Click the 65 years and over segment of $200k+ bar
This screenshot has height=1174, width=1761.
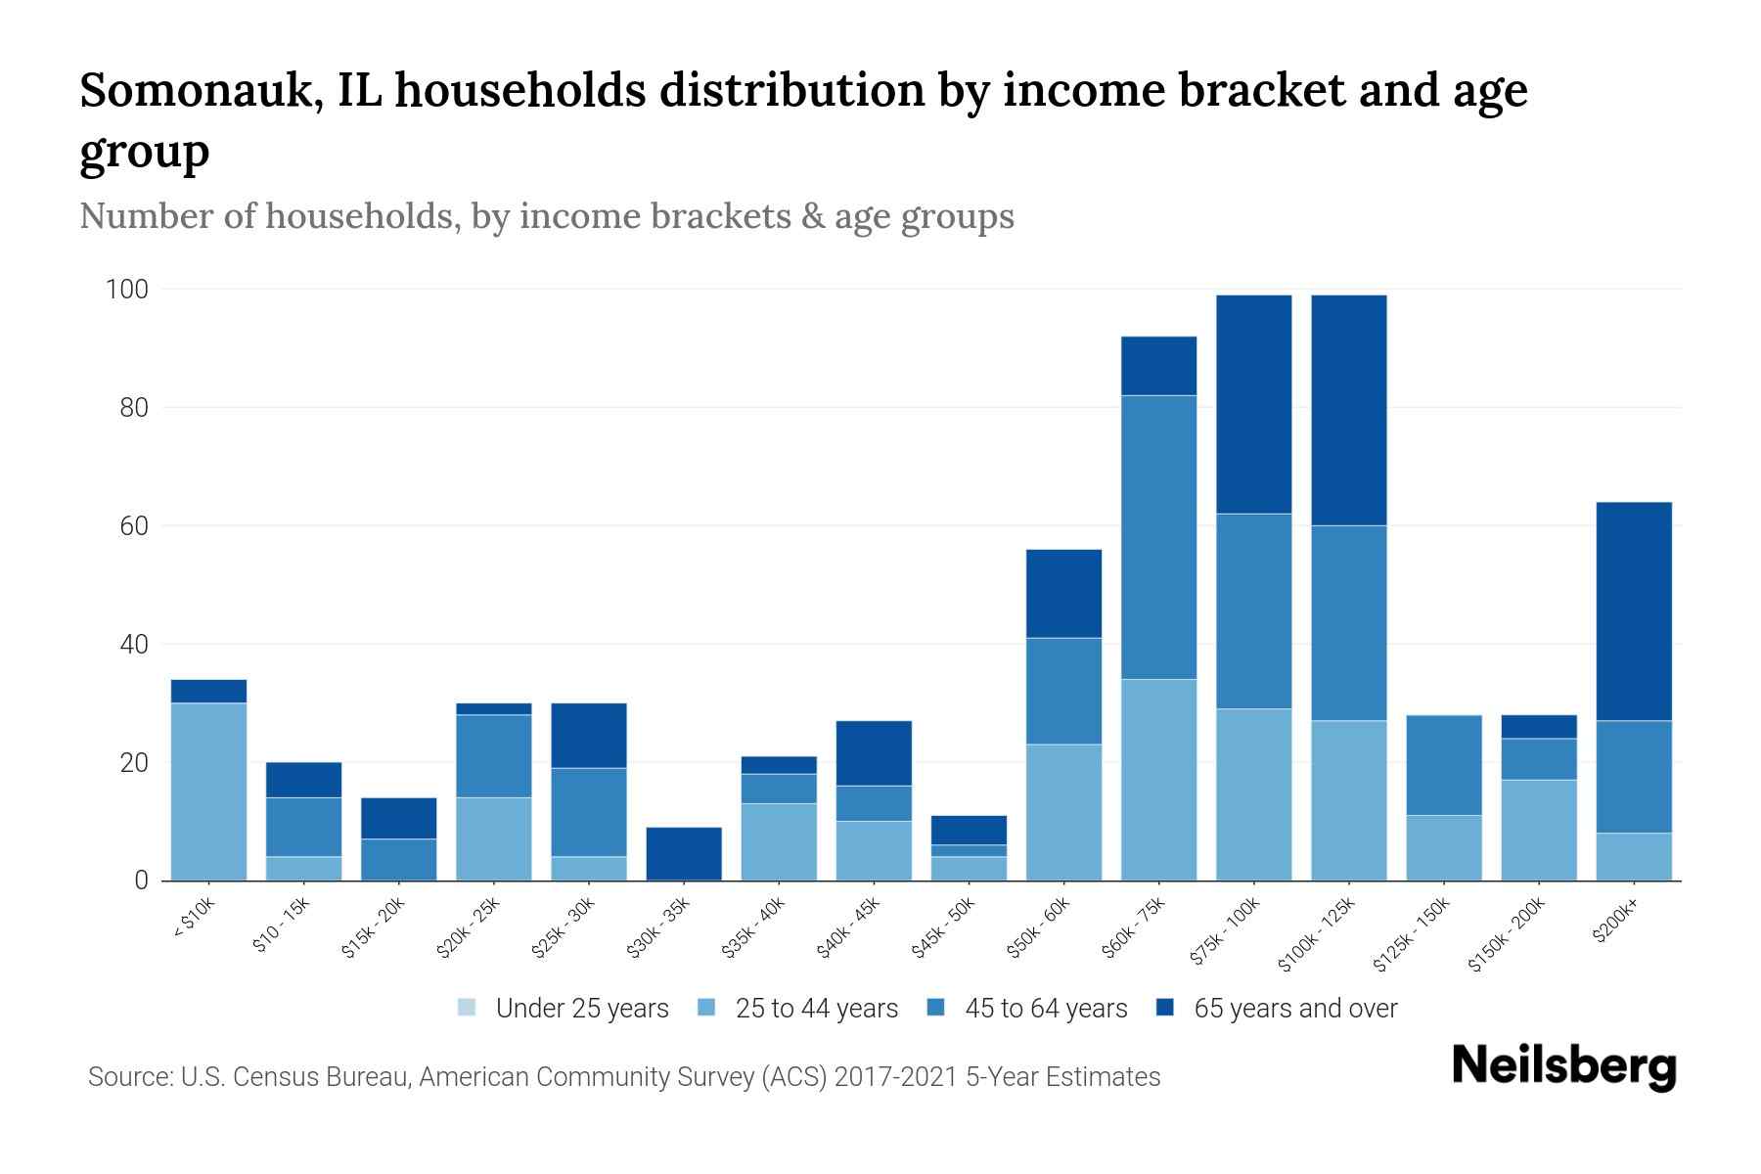[1634, 611]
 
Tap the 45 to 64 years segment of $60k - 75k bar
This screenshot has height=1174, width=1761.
[1158, 537]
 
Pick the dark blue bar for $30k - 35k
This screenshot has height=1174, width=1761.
[684, 853]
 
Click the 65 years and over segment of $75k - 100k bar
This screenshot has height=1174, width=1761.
[1253, 404]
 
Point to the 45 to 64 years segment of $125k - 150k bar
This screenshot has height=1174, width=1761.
[1443, 764]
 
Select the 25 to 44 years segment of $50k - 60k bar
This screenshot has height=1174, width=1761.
[1063, 812]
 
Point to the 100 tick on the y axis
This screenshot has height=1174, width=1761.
[127, 290]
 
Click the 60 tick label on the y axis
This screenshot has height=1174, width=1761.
[134, 526]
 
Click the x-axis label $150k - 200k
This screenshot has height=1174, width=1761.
[1508, 934]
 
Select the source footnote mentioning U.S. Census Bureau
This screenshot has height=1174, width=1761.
[623, 1077]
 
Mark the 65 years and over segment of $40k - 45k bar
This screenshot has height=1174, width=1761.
[874, 752]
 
